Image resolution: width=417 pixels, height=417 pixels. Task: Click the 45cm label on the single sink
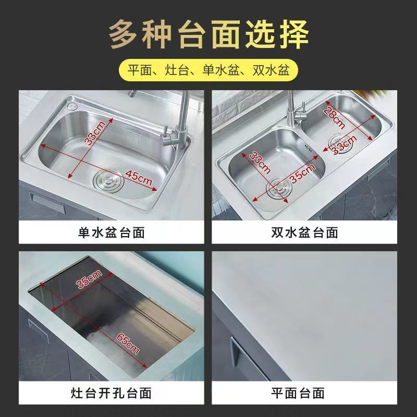click(139, 177)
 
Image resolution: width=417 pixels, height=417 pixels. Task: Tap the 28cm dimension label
click(334, 117)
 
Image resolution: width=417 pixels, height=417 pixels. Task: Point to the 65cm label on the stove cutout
click(128, 344)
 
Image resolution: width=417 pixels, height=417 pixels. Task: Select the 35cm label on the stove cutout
click(89, 279)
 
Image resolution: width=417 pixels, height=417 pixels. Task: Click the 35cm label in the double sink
click(303, 174)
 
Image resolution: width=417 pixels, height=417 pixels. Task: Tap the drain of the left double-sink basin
click(279, 188)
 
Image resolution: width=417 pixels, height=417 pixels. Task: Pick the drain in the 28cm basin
click(341, 143)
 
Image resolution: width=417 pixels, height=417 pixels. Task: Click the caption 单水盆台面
click(112, 232)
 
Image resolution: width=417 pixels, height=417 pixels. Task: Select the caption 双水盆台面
click(304, 232)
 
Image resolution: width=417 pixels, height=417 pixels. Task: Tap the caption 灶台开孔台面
click(112, 393)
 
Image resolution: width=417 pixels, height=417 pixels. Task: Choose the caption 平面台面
click(298, 393)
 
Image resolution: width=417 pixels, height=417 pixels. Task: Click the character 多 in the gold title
click(125, 34)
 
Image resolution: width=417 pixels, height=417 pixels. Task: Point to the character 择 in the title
click(292, 34)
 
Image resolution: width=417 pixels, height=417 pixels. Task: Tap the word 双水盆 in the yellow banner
click(271, 70)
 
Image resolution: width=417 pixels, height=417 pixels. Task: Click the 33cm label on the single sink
click(95, 132)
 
